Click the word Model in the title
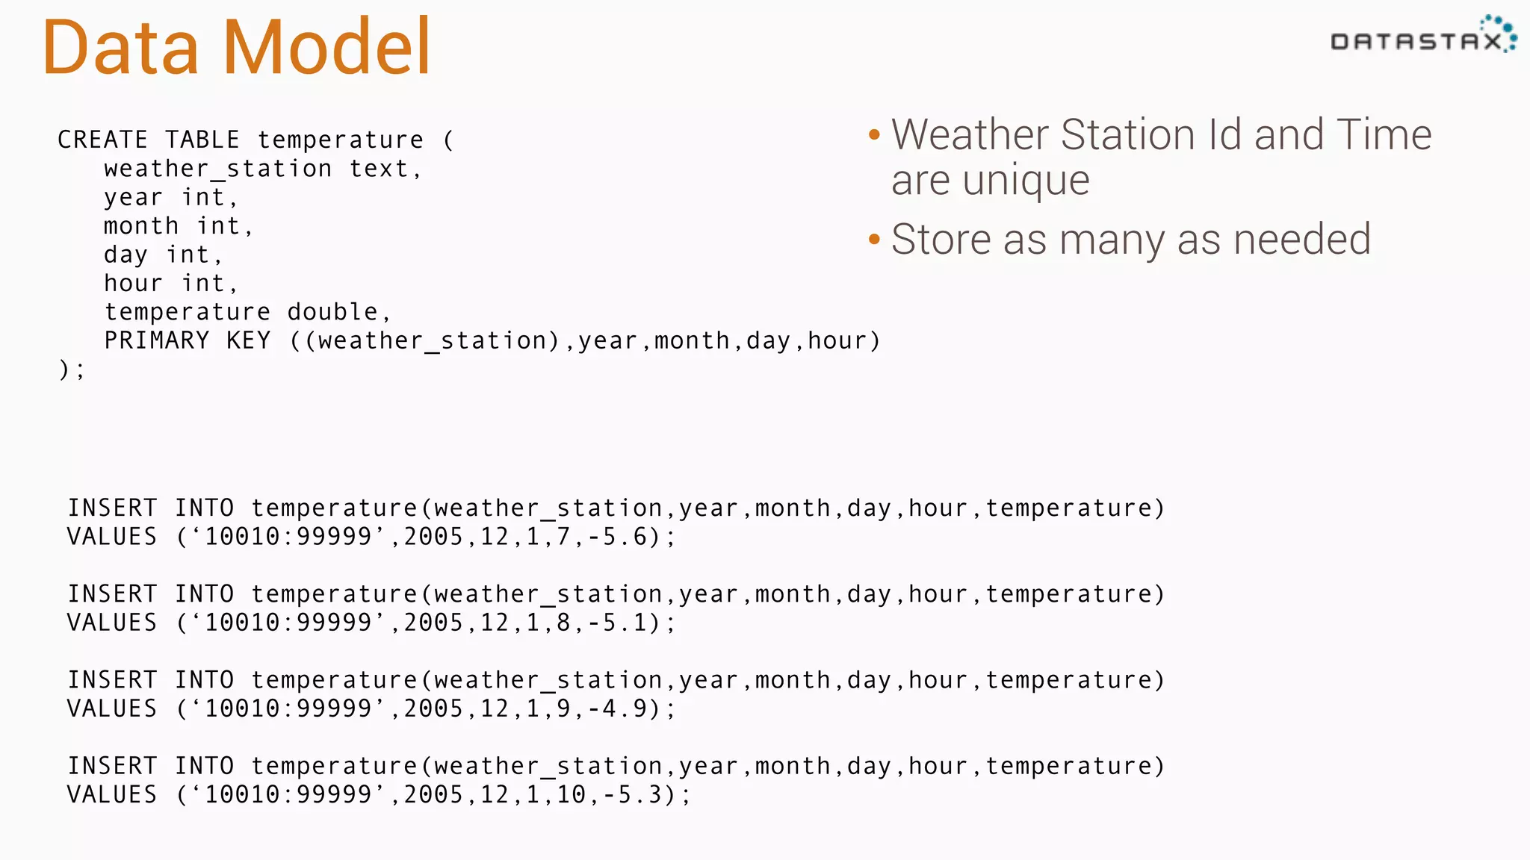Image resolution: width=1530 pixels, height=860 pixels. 327,48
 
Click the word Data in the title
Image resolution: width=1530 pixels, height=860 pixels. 121,48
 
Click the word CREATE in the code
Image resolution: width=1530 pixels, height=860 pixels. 102,140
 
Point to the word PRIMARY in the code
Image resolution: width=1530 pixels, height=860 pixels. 157,340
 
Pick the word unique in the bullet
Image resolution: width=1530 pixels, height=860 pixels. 1026,181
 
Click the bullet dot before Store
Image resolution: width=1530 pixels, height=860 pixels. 874,240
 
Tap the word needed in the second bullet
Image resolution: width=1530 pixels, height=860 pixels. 1301,240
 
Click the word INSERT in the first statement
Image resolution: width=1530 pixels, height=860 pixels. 112,508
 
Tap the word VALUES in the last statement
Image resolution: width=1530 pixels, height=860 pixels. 112,794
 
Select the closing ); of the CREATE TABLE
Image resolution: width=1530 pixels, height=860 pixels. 72,369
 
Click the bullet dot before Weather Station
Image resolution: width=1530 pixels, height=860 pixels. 874,135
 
